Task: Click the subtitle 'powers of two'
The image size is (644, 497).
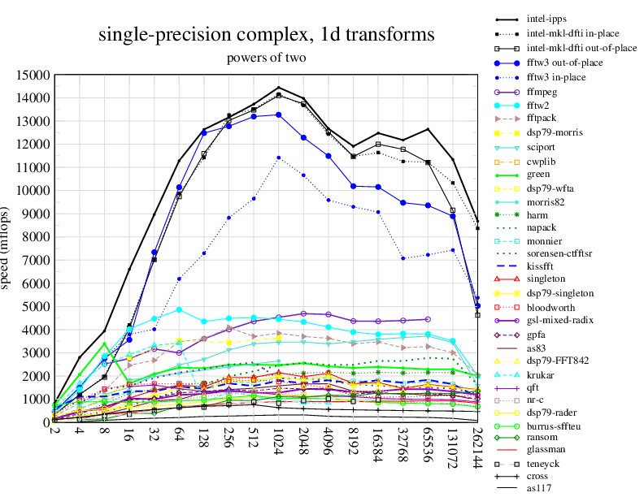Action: pyautogui.click(x=265, y=58)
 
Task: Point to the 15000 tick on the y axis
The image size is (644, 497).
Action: pyautogui.click(x=33, y=76)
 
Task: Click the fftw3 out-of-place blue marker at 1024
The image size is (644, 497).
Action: pyautogui.click(x=279, y=115)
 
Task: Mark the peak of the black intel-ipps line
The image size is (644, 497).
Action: pyautogui.click(x=279, y=87)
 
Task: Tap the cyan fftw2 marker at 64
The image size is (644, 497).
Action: pyautogui.click(x=179, y=310)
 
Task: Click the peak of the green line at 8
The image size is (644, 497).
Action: pyautogui.click(x=104, y=344)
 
